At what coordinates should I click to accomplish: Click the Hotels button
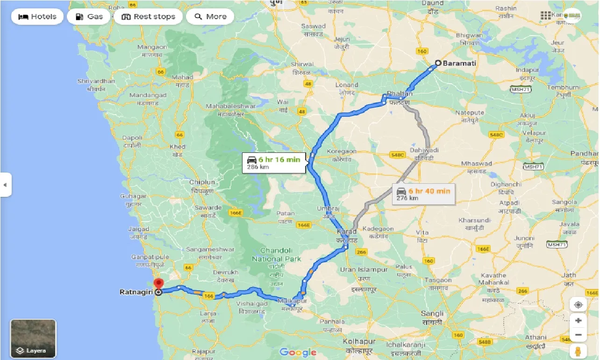click(x=37, y=17)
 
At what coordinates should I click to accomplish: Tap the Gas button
click(x=88, y=17)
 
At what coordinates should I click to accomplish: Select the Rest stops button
click(x=148, y=17)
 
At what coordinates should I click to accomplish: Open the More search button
click(x=210, y=17)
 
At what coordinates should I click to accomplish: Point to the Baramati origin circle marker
click(x=438, y=63)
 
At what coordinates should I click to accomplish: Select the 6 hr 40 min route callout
click(x=423, y=194)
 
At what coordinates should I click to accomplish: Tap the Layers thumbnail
click(x=33, y=338)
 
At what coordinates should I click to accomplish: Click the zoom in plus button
click(x=578, y=320)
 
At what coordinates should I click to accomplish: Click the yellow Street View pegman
click(x=578, y=351)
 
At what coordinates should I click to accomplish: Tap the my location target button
click(x=578, y=305)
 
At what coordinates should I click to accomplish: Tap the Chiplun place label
click(x=202, y=182)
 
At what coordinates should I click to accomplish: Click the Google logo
click(x=298, y=352)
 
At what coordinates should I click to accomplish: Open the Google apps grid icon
click(x=545, y=15)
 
